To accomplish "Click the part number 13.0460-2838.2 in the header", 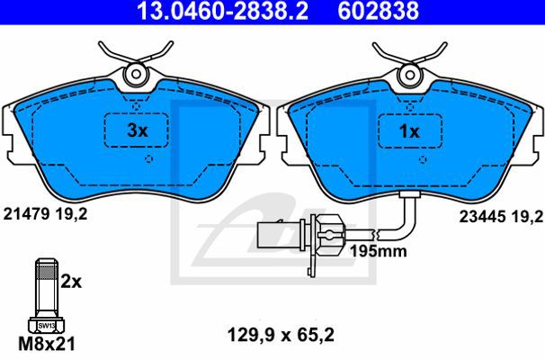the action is (x=223, y=11).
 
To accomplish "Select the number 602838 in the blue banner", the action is (x=378, y=11).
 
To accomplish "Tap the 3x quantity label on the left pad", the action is (x=138, y=130).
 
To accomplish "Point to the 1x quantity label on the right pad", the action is (x=409, y=131).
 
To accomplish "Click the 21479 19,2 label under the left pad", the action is (x=45, y=214).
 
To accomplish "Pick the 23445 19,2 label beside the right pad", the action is (x=501, y=217).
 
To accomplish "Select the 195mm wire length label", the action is (x=378, y=251).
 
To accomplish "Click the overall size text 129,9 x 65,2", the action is (x=281, y=336).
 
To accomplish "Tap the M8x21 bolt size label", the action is (x=47, y=344).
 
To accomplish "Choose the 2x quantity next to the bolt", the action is (x=71, y=282).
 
